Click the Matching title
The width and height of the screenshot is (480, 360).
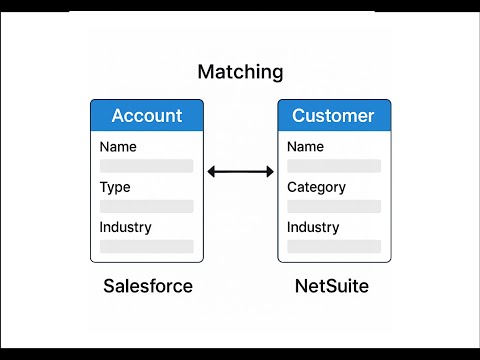(240, 72)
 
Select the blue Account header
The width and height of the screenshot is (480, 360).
(146, 116)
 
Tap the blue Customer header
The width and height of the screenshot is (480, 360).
(333, 116)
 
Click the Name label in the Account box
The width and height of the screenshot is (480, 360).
(118, 147)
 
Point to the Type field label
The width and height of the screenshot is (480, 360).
(115, 187)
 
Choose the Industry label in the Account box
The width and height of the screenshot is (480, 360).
(125, 227)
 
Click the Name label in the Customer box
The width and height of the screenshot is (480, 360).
(305, 147)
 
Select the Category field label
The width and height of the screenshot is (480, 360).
(316, 187)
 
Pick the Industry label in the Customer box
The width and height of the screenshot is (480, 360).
(313, 227)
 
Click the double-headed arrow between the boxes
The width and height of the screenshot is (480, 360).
(240, 172)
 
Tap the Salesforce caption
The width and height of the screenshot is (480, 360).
(148, 286)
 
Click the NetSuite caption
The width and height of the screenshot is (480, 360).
(331, 286)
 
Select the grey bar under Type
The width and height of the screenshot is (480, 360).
(146, 206)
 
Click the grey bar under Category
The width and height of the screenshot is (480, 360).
(333, 206)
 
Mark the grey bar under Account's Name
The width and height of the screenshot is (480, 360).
(146, 166)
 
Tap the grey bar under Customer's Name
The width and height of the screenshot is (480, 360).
(333, 166)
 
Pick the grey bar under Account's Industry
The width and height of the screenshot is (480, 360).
(146, 246)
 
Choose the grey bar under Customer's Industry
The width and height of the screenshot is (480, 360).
(333, 246)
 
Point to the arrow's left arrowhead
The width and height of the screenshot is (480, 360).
(211, 172)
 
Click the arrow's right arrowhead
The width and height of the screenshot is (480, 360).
(269, 172)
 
